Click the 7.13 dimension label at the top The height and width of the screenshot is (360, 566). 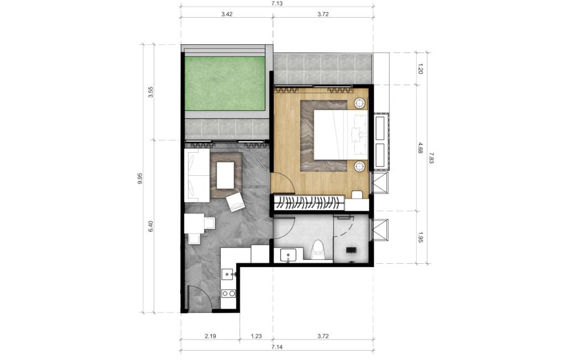[x=277, y=4]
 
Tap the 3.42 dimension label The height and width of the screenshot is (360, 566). [x=227, y=14]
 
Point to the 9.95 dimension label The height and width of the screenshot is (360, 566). [x=140, y=179]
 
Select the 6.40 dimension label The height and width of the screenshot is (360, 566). [x=151, y=226]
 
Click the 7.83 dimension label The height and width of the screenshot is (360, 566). [x=431, y=158]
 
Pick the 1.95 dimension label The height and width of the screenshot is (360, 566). [x=420, y=237]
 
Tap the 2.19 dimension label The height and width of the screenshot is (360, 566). [x=211, y=336]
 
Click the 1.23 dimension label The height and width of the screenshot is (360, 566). [x=256, y=336]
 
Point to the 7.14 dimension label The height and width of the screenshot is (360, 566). [x=277, y=347]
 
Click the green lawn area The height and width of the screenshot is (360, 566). [x=226, y=84]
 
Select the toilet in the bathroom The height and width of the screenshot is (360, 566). [x=318, y=250]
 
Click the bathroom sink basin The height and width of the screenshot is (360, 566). [x=288, y=254]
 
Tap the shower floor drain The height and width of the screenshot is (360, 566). [x=351, y=249]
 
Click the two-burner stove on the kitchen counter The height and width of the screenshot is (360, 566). [x=228, y=294]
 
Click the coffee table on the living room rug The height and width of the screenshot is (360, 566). [x=226, y=175]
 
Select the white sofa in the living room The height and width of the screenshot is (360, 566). [x=197, y=175]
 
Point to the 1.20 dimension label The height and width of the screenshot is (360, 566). [x=420, y=69]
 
